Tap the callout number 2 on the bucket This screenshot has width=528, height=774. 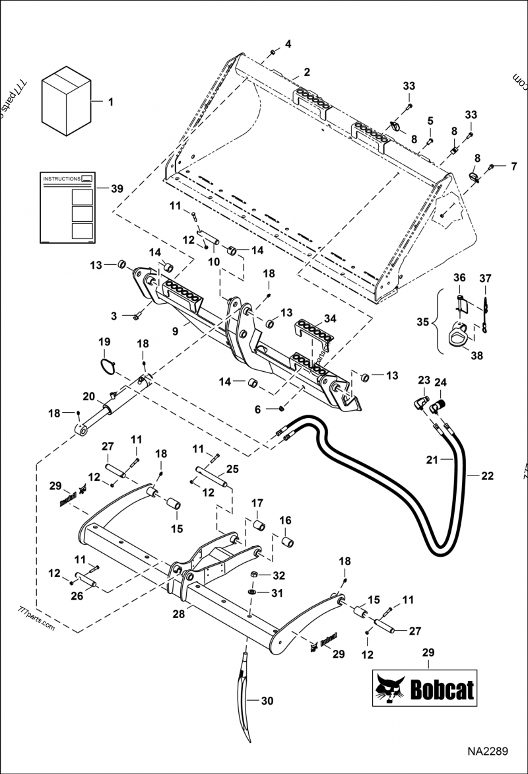[x=306, y=71]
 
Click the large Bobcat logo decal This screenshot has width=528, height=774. [x=425, y=690]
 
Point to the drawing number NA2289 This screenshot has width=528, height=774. [x=488, y=752]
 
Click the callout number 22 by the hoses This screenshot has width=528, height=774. [x=487, y=475]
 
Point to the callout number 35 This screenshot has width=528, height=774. [x=422, y=322]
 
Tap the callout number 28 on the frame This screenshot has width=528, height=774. [x=178, y=614]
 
